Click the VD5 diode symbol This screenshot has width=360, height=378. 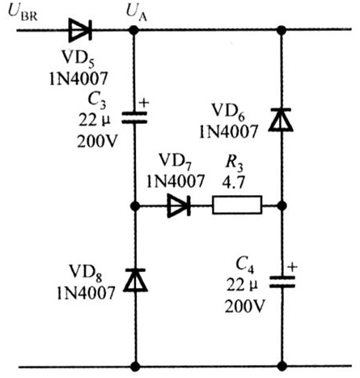coord(80,30)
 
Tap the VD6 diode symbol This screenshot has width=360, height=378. coord(281,119)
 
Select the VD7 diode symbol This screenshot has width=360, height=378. coord(179,206)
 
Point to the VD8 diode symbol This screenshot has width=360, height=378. coord(135,280)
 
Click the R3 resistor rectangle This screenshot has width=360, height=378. coord(237,205)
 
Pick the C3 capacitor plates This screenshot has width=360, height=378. coord(134,117)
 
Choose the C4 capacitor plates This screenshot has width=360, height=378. coord(282,282)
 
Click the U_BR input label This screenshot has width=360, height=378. coord(23,13)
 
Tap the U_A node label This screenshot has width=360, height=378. coord(137,13)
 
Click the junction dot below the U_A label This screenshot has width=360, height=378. coord(133,30)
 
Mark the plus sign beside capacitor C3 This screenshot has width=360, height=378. coord(144,103)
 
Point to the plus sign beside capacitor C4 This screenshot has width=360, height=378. coord(292,267)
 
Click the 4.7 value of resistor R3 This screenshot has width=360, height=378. coord(234,182)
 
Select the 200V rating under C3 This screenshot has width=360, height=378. coord(97,141)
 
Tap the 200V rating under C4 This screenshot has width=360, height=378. coord(245,306)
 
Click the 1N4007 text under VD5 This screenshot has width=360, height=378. coord(78,79)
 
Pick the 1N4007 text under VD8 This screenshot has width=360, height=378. coord(86,293)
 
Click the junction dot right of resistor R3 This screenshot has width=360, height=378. coord(282,206)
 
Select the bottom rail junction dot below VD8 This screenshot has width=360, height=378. coord(135,366)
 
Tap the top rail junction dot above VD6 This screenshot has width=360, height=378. coord(282,30)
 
